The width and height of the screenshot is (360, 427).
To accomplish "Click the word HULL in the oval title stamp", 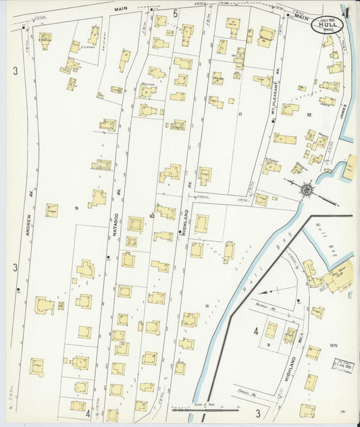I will pyautogui.click(x=327, y=25).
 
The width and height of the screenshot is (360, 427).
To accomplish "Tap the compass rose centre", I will pyautogui.click(x=307, y=189).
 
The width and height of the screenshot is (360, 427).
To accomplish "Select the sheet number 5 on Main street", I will pyautogui.click(x=174, y=14).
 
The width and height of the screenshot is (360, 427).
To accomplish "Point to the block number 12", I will pyautogui.click(x=309, y=116).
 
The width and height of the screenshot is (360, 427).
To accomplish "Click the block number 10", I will pyautogui.click(x=153, y=216).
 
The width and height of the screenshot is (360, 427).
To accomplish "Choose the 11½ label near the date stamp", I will pyautogui.click(x=334, y=346).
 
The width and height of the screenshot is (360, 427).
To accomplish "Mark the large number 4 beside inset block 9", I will pyautogui.click(x=256, y=331).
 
